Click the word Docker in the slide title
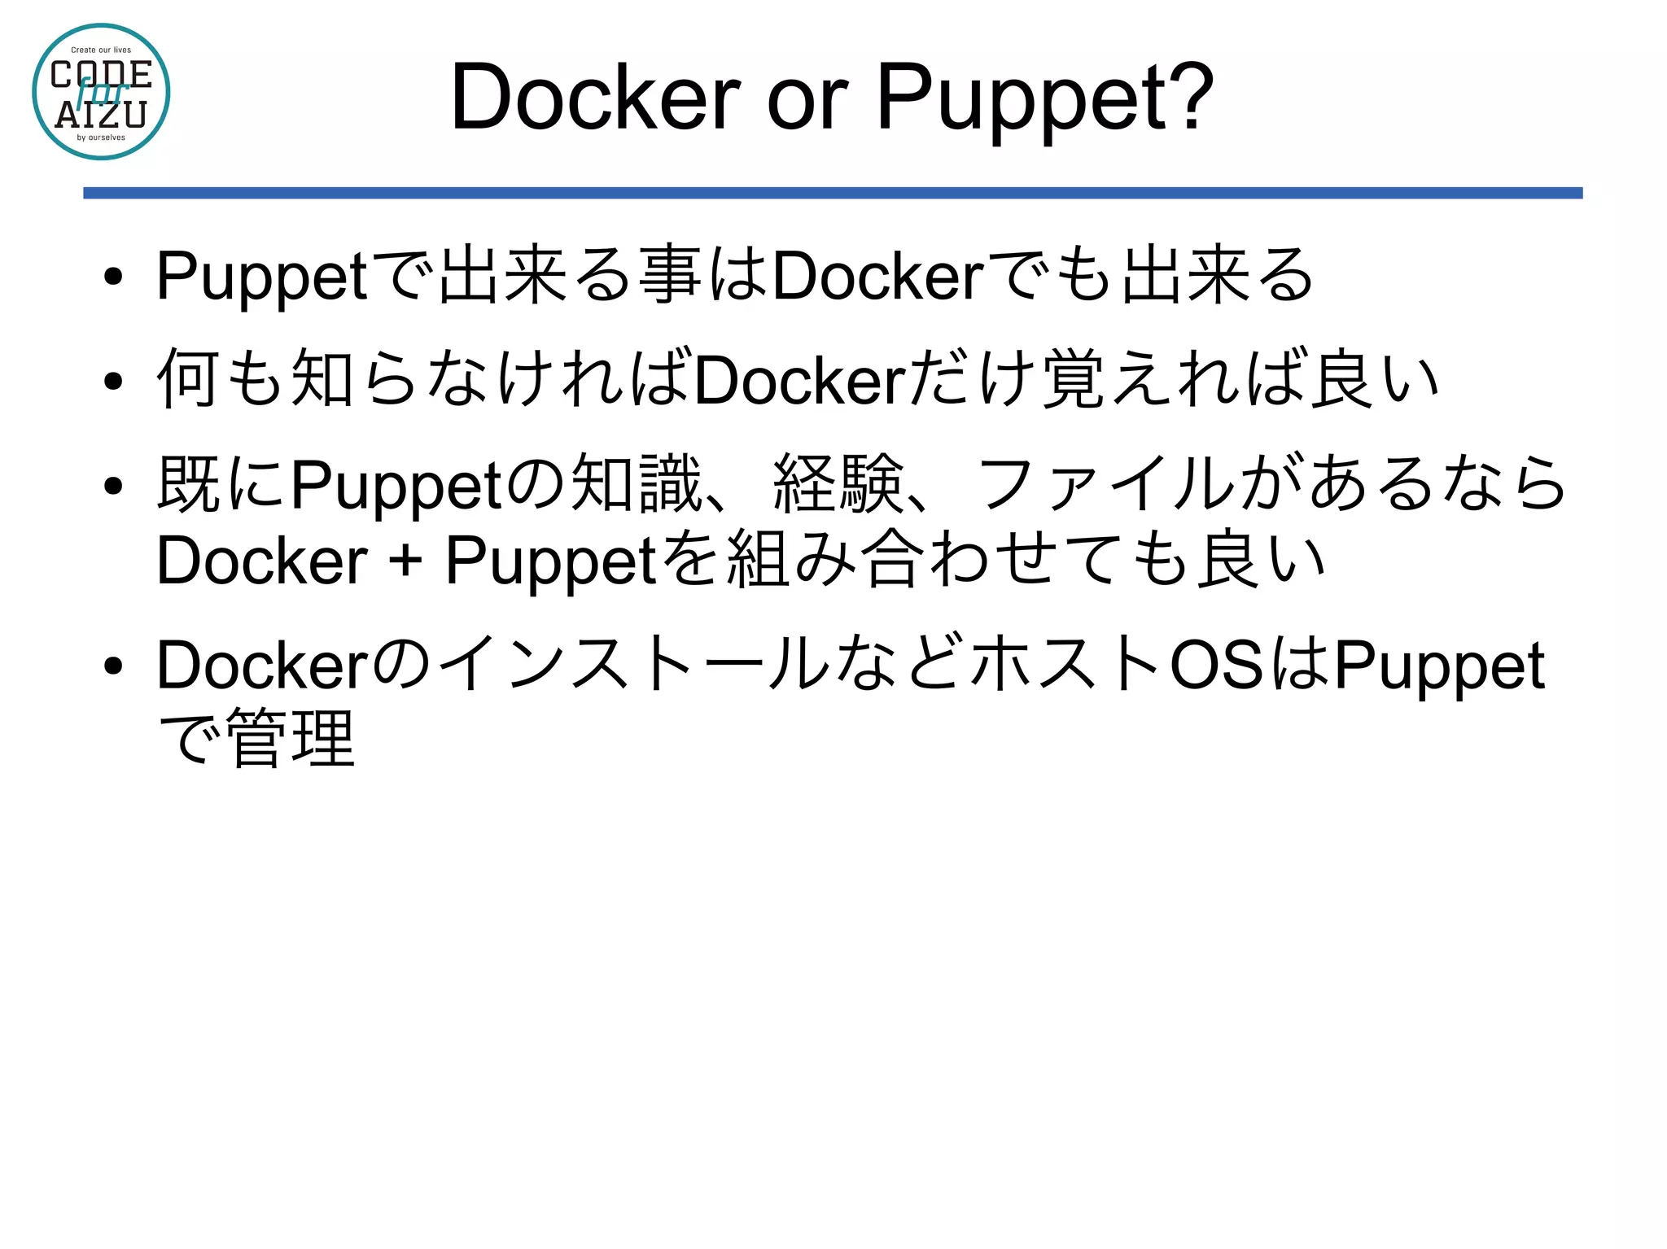coord(595,98)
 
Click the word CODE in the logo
coord(101,75)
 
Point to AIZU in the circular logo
coord(101,116)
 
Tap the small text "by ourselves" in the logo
coord(101,138)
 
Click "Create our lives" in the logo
coord(101,50)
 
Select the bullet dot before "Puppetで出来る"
coord(113,277)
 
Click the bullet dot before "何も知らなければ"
coord(113,381)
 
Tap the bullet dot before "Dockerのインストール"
coord(113,666)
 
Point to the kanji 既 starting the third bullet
coord(188,485)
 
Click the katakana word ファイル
coord(1107,485)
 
